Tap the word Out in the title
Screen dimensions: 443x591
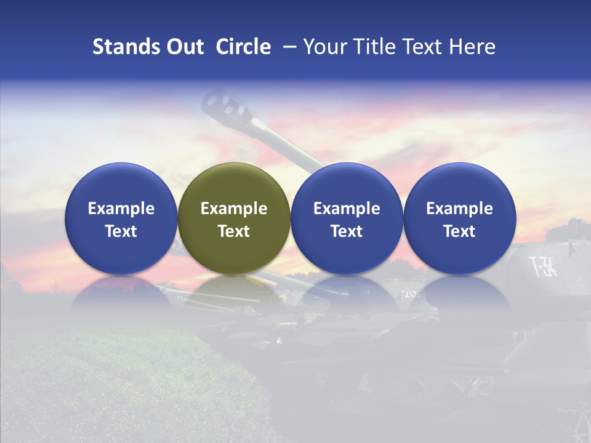183,47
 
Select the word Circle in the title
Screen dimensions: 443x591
243,47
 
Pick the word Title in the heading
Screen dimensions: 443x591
375,47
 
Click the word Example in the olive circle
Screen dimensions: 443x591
234,209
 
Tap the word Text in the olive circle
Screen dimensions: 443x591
234,231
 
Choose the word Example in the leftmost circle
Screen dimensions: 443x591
121,209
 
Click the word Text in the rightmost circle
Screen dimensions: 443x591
459,231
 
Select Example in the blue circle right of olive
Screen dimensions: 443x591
347,209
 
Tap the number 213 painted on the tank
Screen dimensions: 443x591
411,293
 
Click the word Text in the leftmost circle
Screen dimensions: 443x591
121,231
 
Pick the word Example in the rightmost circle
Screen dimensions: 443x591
459,209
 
